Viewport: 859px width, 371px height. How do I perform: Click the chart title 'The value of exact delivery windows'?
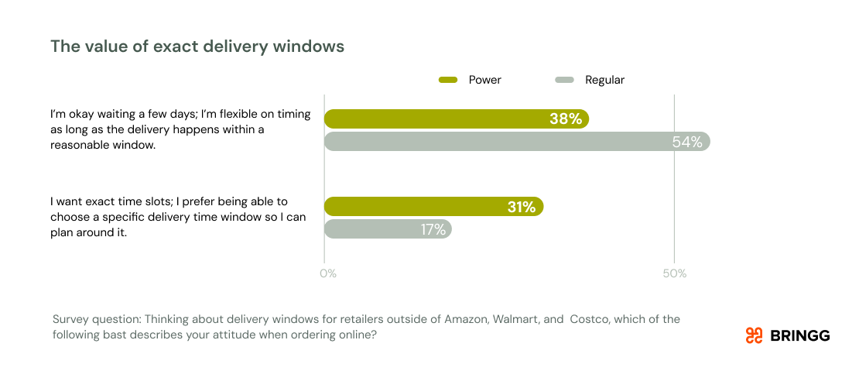click(197, 46)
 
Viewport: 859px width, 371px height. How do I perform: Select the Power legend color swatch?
click(449, 80)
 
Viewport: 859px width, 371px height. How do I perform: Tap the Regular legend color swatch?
click(565, 80)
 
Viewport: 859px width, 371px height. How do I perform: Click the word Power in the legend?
click(485, 80)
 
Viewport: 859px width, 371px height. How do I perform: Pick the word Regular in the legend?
click(604, 80)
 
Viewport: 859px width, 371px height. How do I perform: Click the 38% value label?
click(565, 119)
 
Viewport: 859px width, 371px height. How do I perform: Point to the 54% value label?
click(686, 142)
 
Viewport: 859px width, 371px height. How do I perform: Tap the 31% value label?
click(521, 207)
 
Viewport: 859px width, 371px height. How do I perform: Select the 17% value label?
click(433, 229)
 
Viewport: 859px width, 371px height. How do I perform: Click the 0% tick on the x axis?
click(328, 273)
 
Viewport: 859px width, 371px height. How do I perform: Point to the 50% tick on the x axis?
click(674, 273)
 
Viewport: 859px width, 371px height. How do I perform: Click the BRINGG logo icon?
click(754, 335)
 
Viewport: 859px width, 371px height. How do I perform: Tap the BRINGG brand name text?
click(800, 335)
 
